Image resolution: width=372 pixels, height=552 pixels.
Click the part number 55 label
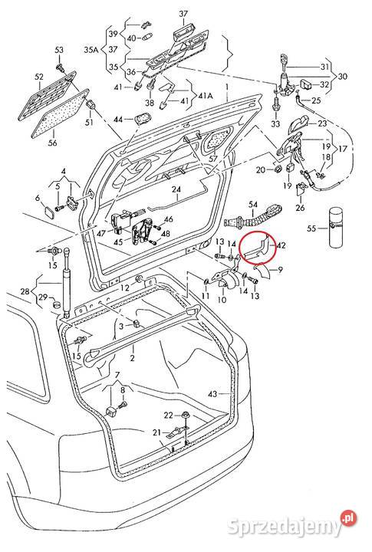click(312, 228)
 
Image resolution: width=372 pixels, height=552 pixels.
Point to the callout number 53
click(58, 51)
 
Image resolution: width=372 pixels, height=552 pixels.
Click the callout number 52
click(39, 77)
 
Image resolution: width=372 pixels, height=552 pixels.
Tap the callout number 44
click(117, 120)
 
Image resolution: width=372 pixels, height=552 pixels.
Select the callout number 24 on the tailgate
click(176, 189)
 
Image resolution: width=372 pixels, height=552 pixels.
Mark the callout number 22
click(167, 415)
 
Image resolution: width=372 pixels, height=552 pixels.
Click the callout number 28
click(25, 292)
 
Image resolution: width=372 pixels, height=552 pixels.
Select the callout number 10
click(222, 300)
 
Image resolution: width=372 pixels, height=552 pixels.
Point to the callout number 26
click(300, 207)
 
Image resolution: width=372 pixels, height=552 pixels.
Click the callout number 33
click(275, 123)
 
